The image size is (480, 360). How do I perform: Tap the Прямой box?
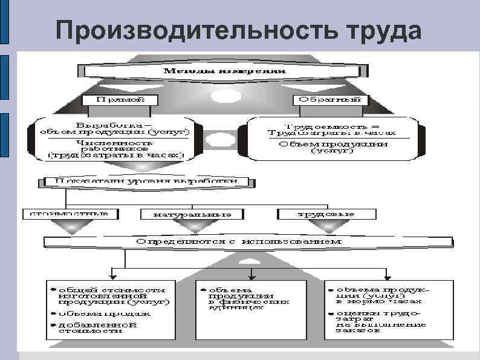[x=120, y=98]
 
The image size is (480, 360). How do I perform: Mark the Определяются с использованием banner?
[x=239, y=241]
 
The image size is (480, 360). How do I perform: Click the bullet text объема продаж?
[x=104, y=314]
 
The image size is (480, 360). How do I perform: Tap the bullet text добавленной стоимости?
[x=97, y=327]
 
